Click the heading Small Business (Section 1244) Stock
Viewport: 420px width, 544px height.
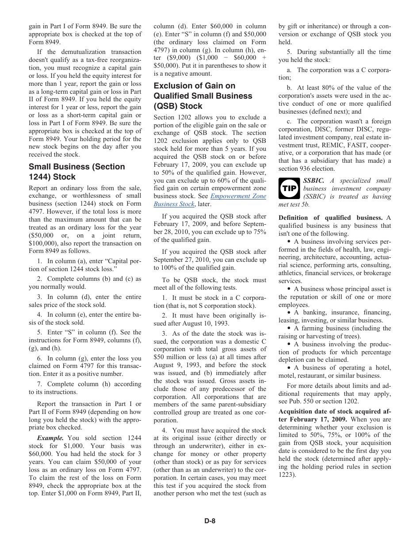(x=76, y=172)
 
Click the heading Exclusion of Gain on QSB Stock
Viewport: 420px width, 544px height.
(x=202, y=96)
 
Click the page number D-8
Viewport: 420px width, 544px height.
(x=210, y=521)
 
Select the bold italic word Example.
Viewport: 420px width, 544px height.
(x=50, y=438)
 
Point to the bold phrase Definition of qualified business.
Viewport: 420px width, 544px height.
(x=330, y=218)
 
